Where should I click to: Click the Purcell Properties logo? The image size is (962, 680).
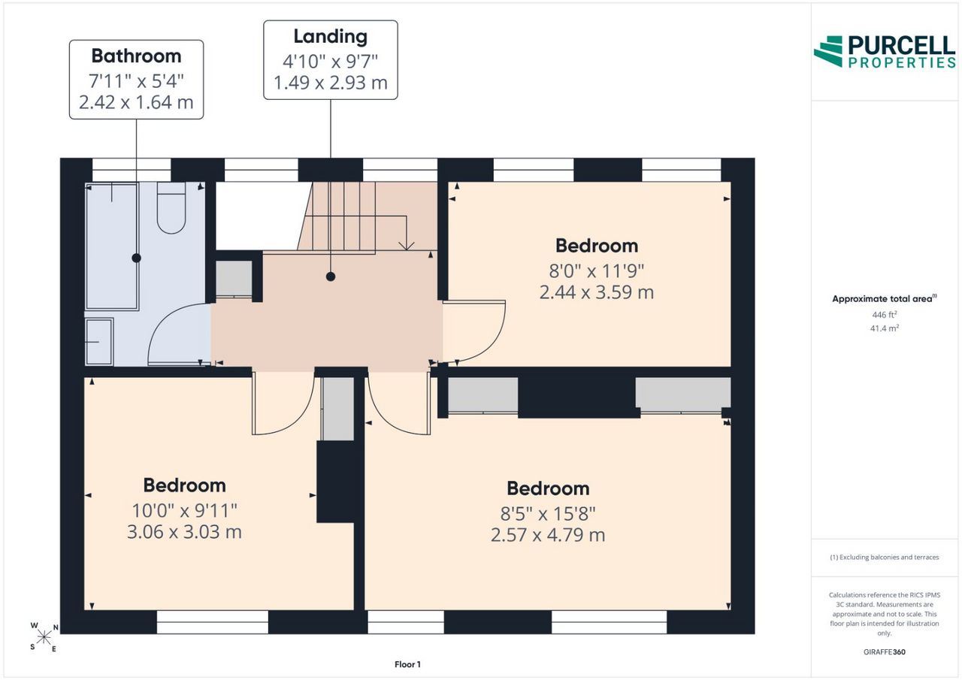tap(885, 52)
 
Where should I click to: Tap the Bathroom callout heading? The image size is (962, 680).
tap(136, 56)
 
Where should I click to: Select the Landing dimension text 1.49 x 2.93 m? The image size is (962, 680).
tap(330, 83)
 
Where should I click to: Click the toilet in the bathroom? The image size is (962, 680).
tap(171, 208)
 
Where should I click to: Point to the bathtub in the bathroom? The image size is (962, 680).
tap(112, 246)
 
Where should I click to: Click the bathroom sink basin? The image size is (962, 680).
tap(99, 342)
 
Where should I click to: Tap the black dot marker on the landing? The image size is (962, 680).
tap(330, 277)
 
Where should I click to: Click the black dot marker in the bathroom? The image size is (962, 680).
tap(136, 258)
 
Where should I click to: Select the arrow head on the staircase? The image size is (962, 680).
tap(407, 246)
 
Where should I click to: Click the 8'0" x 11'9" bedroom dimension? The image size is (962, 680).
tap(597, 271)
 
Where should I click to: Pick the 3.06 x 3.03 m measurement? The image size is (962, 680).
tap(184, 532)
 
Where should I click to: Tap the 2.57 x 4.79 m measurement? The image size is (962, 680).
tap(548, 535)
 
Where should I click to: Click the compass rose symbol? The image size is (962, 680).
tap(44, 637)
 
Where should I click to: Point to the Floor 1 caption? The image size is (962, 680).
tap(407, 664)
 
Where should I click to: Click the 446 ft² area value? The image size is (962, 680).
tap(885, 315)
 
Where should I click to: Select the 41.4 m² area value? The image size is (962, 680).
tap(885, 328)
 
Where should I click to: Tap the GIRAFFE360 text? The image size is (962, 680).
tap(885, 651)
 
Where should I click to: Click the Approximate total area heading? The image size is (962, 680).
tap(885, 299)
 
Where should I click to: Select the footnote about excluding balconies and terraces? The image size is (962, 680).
tap(885, 558)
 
